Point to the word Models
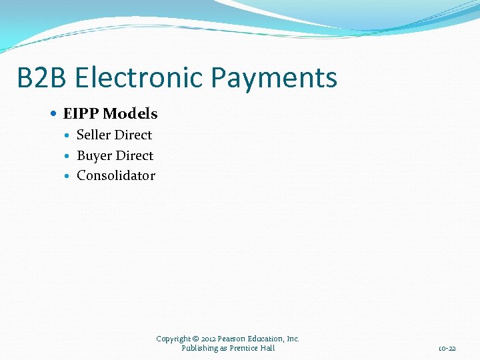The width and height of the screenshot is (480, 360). tap(130, 114)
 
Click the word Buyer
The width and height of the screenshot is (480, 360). tap(94, 155)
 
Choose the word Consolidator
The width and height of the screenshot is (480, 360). tap(116, 175)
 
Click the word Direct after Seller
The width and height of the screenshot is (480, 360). tap(133, 135)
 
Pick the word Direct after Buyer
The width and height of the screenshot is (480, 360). tap(135, 155)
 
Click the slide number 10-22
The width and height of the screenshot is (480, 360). tap(447, 348)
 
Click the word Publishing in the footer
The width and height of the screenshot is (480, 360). tap(199, 347)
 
